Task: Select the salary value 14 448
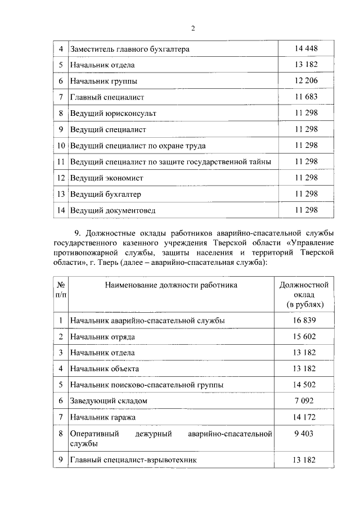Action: pos(306,49)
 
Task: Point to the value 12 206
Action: pos(306,81)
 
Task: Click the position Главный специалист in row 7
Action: pos(107,97)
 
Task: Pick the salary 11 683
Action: pos(306,97)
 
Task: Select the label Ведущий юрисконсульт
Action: pos(113,114)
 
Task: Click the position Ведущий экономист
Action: pos(106,178)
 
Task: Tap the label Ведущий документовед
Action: pos(112,210)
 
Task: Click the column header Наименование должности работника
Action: pos(171,285)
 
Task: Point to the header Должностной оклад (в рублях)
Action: pos(304,295)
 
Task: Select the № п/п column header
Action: pos(60,290)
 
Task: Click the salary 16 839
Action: pos(304,320)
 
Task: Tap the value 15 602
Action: pos(304,336)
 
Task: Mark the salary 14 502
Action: pos(304,385)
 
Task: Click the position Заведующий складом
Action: pos(109,401)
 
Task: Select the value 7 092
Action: pos(304,401)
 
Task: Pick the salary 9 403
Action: pos(304,434)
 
